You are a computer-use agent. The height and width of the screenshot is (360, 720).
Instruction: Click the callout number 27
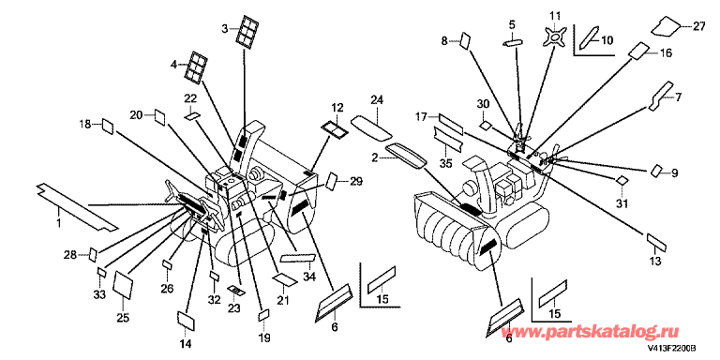tap(698, 26)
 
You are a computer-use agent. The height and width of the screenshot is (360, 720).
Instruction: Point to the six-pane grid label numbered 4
tap(196, 67)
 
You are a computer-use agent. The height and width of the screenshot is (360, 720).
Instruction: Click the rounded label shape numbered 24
tap(371, 128)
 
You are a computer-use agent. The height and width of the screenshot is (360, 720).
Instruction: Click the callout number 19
tap(264, 337)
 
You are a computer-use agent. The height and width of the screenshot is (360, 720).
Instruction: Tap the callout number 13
tap(655, 261)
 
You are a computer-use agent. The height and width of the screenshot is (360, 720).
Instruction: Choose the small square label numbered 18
tap(108, 126)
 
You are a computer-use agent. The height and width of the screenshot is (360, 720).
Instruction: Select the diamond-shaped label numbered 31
tap(622, 180)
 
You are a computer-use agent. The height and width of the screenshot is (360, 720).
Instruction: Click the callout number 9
tap(674, 173)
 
